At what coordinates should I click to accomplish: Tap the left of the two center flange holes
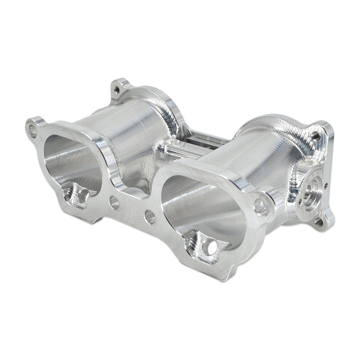(113, 202)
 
